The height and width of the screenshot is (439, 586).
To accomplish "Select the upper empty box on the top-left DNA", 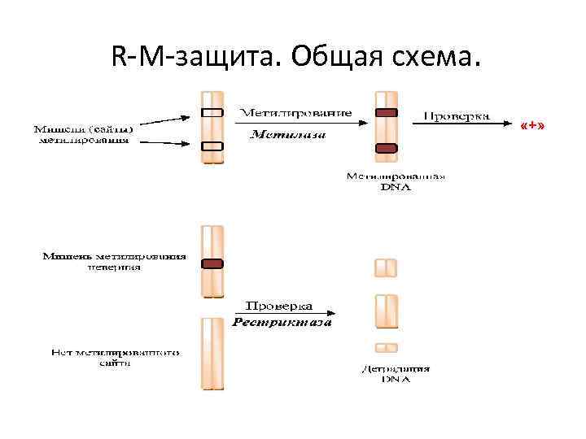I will tap(212, 112).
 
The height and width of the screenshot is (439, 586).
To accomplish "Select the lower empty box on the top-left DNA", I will tap(212, 146).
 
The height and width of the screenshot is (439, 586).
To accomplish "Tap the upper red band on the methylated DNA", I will tap(386, 112).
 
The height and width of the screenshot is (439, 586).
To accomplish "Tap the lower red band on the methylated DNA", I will tap(386, 148).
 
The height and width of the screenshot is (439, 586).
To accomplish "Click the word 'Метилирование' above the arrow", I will tap(295, 111).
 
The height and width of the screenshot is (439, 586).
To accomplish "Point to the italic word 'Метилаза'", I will tap(287, 135).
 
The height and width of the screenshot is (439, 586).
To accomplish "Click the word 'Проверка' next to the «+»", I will tap(457, 115).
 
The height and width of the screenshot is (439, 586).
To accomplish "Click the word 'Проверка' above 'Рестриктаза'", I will tap(279, 306).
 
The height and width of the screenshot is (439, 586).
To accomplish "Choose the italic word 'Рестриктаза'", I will tap(282, 323).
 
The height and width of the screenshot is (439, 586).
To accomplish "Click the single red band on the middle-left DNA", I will tap(212, 263).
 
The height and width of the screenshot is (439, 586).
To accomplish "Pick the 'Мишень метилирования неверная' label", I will tap(114, 261).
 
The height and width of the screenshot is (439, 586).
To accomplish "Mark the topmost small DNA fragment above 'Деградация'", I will tap(386, 267).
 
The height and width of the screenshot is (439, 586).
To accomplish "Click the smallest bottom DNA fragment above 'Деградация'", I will tap(386, 347).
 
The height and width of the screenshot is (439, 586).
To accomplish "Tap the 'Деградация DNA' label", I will tap(396, 374).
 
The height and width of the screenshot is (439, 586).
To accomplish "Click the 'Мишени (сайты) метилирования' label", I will tap(84, 133).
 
